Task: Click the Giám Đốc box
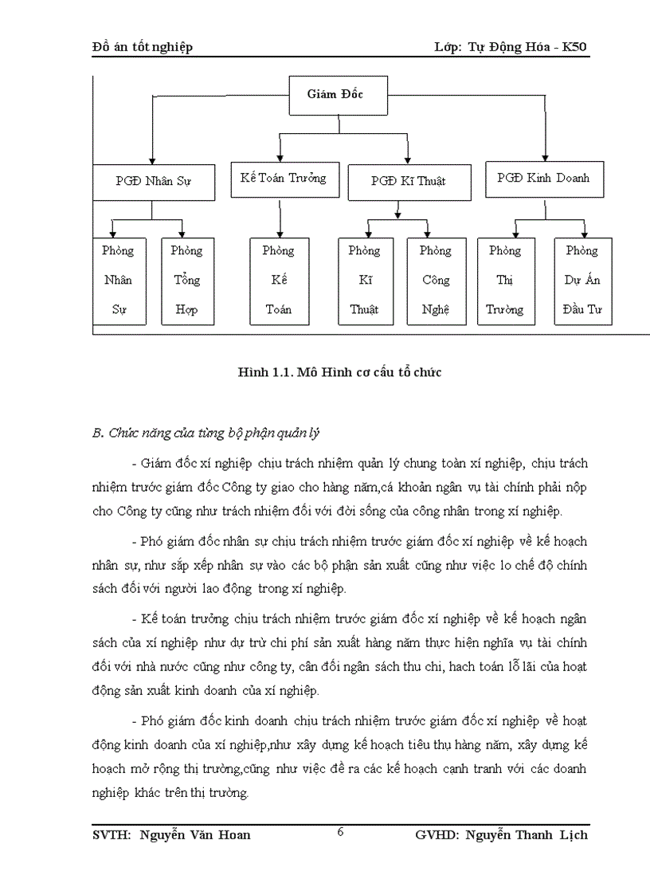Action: (x=338, y=95)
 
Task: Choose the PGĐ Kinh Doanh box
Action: (x=543, y=179)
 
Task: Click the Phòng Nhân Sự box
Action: (x=118, y=281)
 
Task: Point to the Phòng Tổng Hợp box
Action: (x=186, y=281)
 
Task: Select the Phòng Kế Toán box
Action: (x=278, y=281)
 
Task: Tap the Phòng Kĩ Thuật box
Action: (x=364, y=281)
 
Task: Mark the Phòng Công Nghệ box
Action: (x=436, y=281)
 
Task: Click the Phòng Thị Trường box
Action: (x=505, y=281)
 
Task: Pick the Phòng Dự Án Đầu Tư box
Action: (x=582, y=281)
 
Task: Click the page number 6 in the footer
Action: (x=340, y=833)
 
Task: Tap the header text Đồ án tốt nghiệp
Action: (x=143, y=47)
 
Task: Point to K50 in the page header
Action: (x=574, y=47)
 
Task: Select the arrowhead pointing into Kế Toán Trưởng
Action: (x=280, y=157)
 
